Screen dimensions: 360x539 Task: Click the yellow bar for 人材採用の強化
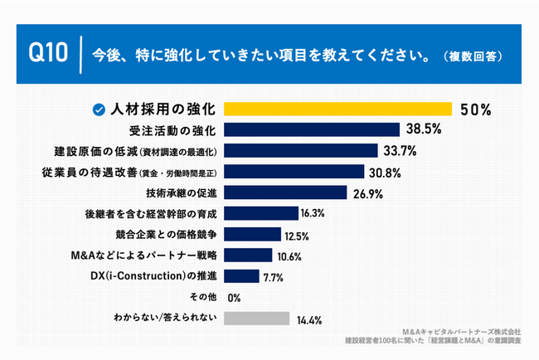pos(338,109)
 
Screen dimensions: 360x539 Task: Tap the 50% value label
pos(477,109)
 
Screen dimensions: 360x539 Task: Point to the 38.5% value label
pos(424,129)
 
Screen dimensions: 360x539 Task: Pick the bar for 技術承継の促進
pos(285,192)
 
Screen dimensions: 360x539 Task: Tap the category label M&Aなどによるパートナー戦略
pos(155,255)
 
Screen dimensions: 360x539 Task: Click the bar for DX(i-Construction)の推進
pos(242,276)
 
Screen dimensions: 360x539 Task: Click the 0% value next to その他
pos(233,298)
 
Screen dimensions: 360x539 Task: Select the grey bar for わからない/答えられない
pos(257,318)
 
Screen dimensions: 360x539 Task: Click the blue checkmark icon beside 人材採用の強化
pos(99,109)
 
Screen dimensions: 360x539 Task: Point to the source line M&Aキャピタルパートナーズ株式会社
pos(460,331)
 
